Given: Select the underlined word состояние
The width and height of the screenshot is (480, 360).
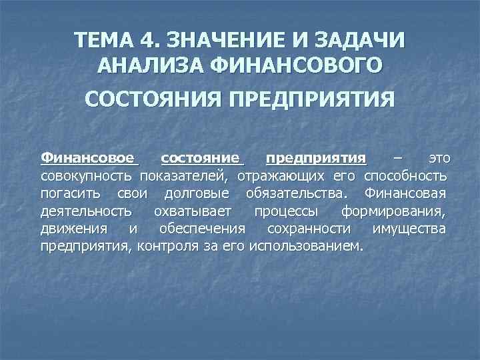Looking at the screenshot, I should tap(202, 158).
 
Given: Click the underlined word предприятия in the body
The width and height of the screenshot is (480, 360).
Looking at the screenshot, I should tap(315, 158).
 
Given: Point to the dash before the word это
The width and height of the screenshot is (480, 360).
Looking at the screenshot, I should tap(397, 159).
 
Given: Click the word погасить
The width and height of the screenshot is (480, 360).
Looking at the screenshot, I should tap(70, 194).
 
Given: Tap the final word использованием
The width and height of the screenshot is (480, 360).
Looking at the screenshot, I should tap(306, 247).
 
